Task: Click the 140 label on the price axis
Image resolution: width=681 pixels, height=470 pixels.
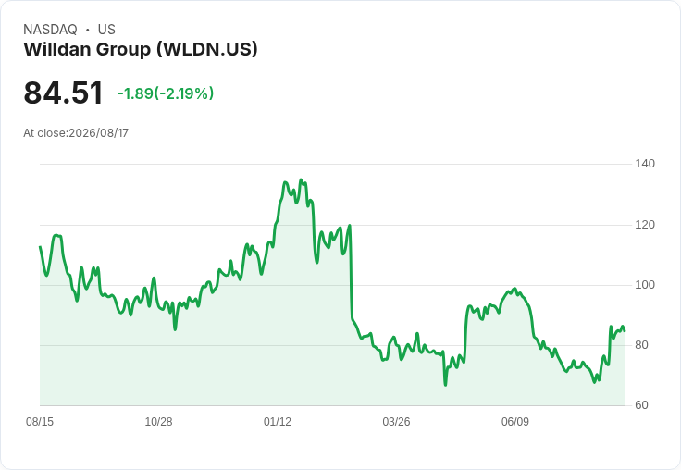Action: click(645, 164)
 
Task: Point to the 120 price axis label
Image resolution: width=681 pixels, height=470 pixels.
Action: click(645, 225)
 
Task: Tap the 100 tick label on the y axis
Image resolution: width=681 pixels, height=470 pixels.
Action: click(645, 285)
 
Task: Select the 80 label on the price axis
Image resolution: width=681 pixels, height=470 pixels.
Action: click(641, 345)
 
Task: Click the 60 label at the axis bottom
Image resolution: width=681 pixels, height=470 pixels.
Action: click(641, 405)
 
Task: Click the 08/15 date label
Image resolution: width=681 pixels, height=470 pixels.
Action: click(40, 421)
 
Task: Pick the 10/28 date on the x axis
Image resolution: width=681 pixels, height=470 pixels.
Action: click(158, 421)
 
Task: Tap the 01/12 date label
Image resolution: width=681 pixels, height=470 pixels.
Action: click(277, 421)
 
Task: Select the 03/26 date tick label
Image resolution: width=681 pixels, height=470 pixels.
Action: click(396, 421)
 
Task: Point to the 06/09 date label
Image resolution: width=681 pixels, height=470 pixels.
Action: click(515, 421)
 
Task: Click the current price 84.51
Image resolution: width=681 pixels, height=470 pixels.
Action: click(64, 93)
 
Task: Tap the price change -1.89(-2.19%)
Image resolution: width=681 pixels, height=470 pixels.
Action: click(166, 93)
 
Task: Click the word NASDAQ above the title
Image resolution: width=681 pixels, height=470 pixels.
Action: click(50, 30)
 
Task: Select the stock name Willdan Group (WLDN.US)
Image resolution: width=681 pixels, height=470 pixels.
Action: click(141, 49)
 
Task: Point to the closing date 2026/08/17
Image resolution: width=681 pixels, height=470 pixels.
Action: click(99, 133)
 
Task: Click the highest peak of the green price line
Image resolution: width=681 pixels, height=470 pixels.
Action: click(301, 179)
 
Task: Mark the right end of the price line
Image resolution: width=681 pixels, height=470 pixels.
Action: click(625, 331)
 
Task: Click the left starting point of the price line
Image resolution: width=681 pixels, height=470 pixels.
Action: click(40, 247)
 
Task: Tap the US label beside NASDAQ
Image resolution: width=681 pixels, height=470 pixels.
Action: click(106, 30)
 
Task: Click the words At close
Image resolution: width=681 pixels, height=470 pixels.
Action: click(44, 133)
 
